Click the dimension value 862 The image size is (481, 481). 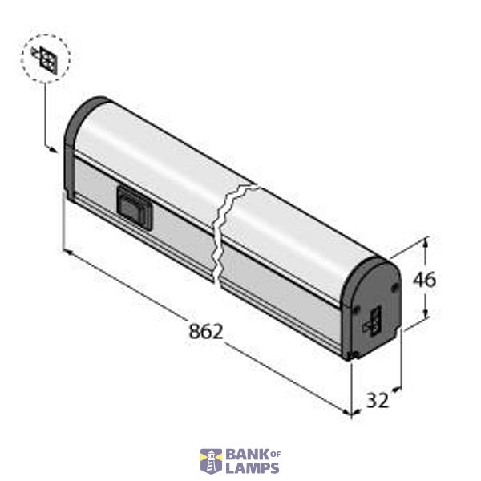click(206, 330)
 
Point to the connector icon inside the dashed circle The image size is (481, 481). click(46, 60)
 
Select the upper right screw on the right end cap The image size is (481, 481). click(394, 285)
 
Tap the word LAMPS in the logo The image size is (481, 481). click(252, 467)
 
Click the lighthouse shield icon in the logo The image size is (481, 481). click(211, 461)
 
